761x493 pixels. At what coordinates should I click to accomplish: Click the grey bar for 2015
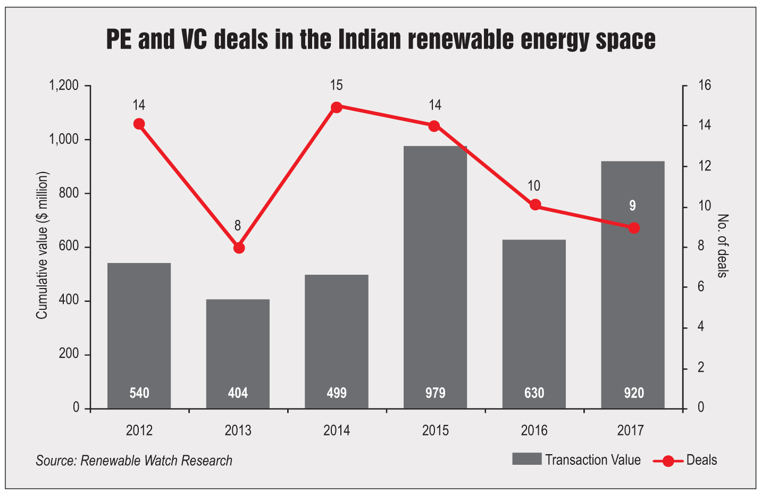435,277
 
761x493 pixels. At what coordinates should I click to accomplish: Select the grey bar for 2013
238,354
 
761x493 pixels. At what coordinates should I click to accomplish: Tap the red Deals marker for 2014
337,107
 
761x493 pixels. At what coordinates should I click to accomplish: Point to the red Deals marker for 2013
239,248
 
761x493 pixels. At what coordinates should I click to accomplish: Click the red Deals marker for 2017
633,228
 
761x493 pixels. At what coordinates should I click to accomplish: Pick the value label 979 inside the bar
435,393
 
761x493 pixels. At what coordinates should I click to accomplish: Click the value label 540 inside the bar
139,393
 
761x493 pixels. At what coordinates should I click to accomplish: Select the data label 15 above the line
336,85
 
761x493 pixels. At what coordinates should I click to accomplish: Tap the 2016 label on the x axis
534,430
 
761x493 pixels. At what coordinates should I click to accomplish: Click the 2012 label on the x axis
139,430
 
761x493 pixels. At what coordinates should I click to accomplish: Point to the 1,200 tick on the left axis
64,86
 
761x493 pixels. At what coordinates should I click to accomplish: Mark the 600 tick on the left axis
69,247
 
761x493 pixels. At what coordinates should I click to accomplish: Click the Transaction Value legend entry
576,460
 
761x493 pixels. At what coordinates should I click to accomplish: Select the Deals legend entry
686,460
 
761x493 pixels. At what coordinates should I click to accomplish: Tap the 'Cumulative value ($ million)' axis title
42,245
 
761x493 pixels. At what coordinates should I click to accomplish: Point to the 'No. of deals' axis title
722,245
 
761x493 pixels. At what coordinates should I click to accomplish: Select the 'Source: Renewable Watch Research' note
134,461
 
